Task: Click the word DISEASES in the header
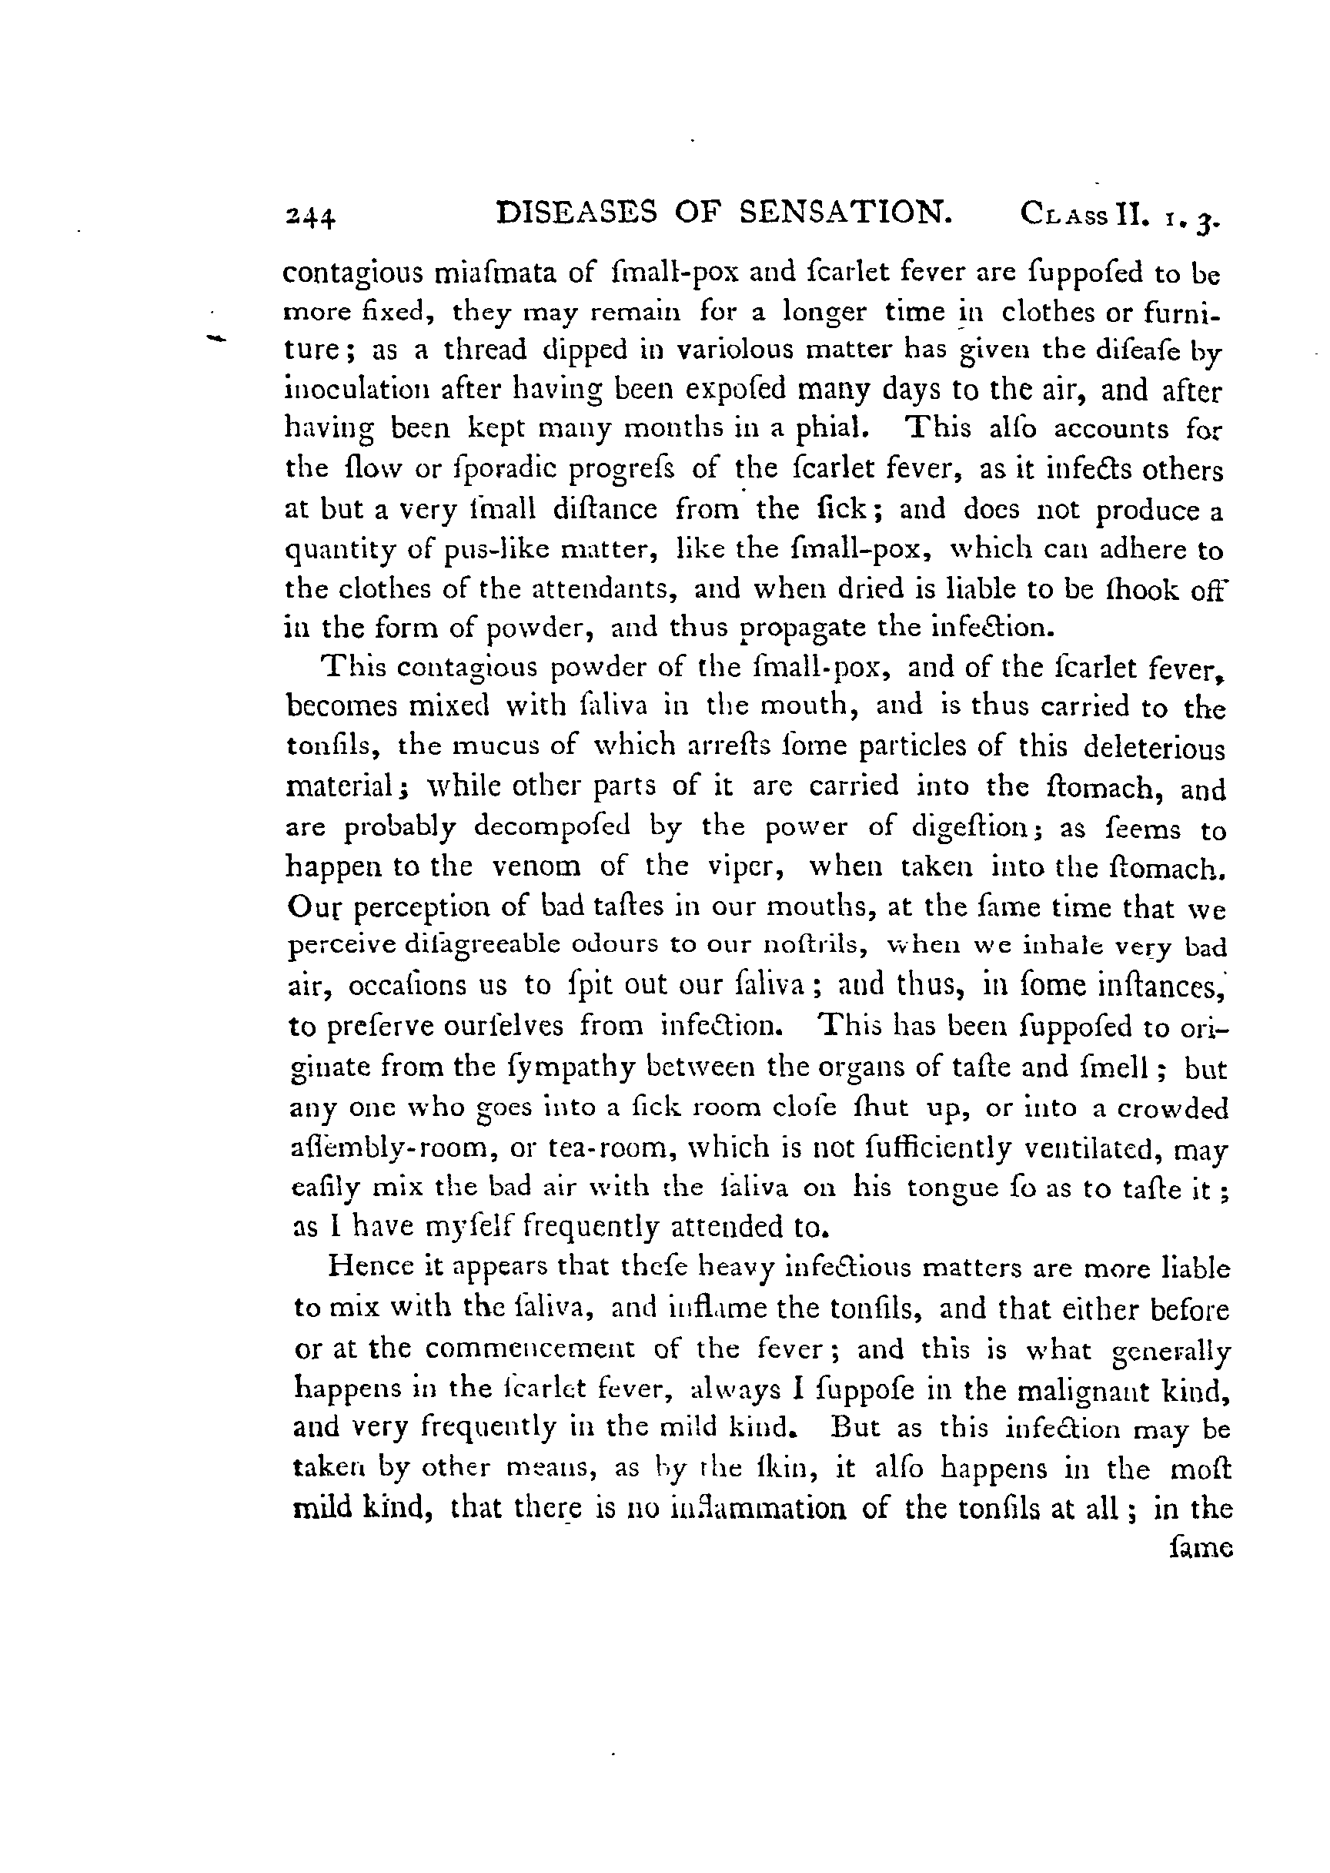(x=577, y=213)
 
